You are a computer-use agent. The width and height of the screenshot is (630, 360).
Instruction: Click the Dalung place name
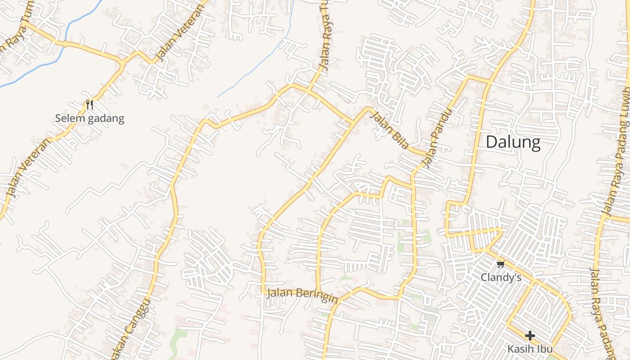point(513,142)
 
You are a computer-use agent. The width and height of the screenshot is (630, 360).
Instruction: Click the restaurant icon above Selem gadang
point(90,105)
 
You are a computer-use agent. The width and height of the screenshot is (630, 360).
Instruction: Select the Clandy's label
point(501,277)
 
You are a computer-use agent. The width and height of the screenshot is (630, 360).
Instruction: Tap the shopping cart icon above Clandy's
point(500,264)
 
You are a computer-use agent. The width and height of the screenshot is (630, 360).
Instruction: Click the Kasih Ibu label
point(530,349)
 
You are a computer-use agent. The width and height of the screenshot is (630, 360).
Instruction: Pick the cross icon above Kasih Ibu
point(530,335)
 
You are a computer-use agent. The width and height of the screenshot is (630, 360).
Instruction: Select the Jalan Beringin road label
point(302,295)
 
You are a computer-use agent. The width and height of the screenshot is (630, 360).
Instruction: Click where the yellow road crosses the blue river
point(65,44)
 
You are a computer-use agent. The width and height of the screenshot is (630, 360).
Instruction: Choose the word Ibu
point(544,349)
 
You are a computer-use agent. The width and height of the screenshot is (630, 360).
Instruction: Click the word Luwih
point(625,101)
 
